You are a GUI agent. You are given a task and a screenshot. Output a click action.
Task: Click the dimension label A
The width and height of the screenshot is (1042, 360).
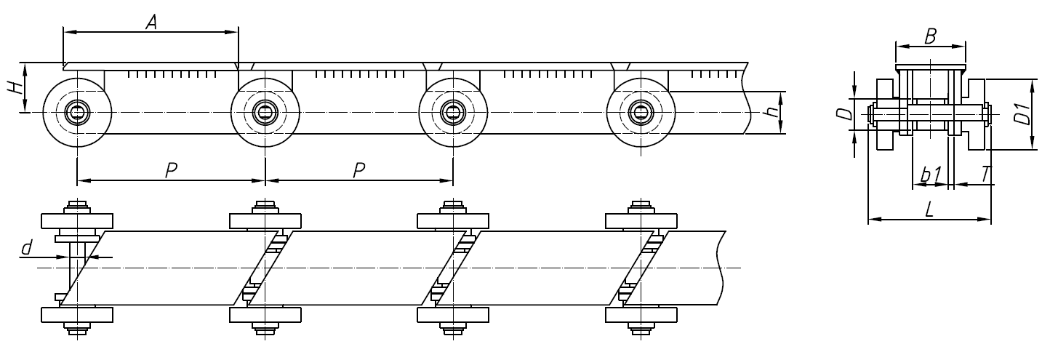pos(151,23)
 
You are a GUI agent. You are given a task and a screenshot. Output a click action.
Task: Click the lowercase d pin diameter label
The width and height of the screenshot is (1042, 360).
pos(27,249)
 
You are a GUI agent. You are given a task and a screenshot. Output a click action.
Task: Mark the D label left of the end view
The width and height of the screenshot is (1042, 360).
pos(843,113)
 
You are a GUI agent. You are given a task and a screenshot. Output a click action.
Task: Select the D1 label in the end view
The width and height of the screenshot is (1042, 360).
pos(1022,114)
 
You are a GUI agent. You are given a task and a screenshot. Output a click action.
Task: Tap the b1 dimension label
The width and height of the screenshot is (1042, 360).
pos(930,175)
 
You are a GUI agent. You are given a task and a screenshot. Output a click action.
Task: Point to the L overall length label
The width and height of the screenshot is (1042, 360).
pos(930,209)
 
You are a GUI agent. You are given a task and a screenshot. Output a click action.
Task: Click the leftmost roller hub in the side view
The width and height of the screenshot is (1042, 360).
pos(76,112)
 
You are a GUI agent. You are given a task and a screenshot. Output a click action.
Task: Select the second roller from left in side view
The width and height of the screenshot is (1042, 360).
pos(265,112)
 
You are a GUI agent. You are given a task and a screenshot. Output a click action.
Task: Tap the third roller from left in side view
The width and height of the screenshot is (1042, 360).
pos(453,112)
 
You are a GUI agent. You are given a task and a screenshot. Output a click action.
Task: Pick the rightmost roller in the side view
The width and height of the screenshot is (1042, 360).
pos(641,112)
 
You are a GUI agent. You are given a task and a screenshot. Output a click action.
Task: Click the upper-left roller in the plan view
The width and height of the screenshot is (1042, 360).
pos(76,220)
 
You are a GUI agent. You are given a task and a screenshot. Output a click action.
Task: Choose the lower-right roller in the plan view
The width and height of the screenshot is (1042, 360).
pos(641,315)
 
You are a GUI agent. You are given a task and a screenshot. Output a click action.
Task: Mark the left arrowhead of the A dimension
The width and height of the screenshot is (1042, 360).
pos(68,31)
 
